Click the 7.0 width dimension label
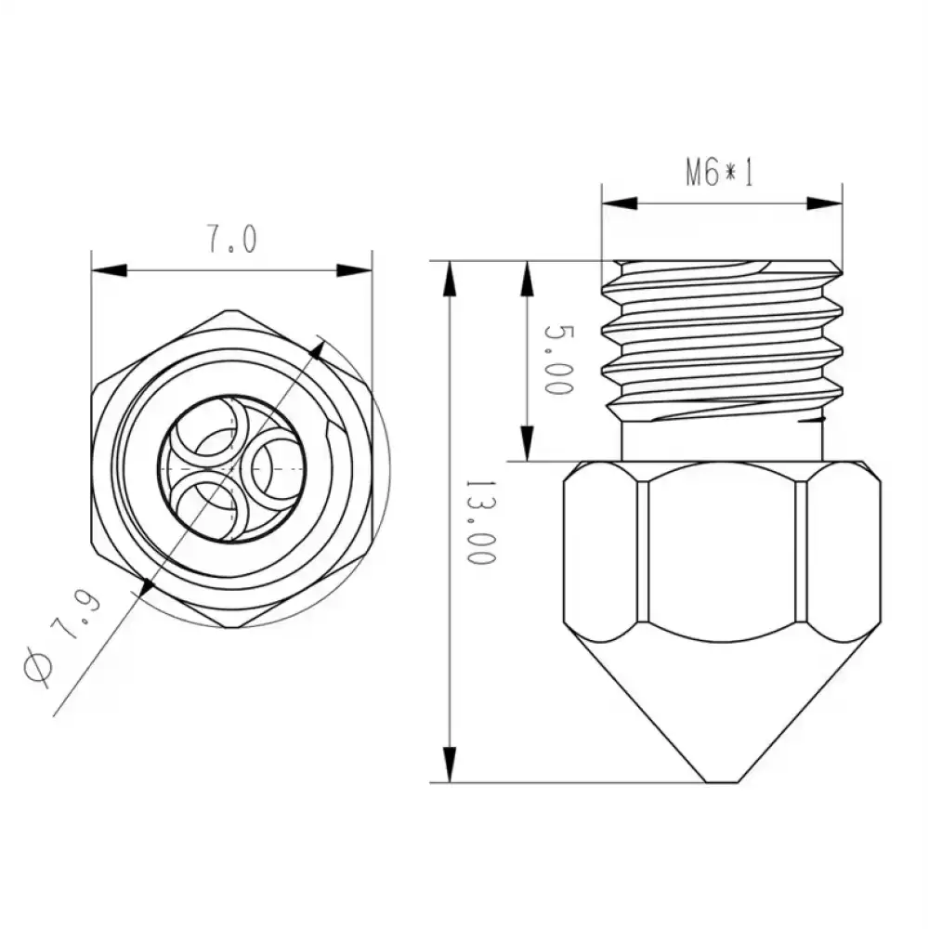point(229,241)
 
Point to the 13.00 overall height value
point(478,523)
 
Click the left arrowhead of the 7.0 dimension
point(108,270)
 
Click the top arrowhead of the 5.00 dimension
point(527,279)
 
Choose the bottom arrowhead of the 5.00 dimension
point(527,443)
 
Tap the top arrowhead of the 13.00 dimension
point(451,279)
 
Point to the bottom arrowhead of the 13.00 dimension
point(451,765)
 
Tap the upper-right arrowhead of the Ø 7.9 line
point(318,350)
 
